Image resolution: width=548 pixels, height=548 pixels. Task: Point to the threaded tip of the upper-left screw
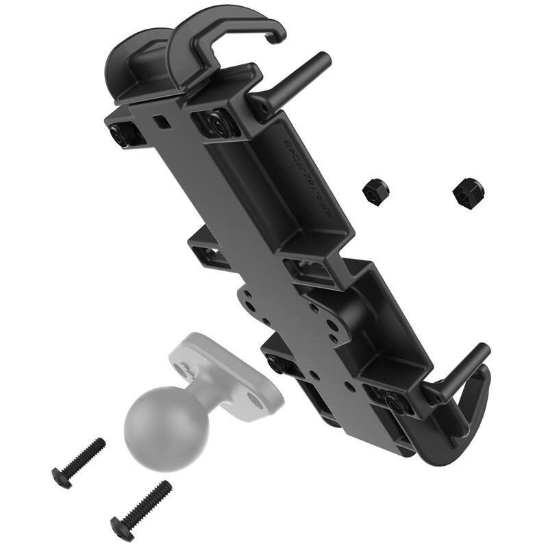coord(99,445)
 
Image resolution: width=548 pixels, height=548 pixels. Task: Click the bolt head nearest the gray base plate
coord(276,366)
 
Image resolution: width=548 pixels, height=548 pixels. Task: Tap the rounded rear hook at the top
coord(134,65)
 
